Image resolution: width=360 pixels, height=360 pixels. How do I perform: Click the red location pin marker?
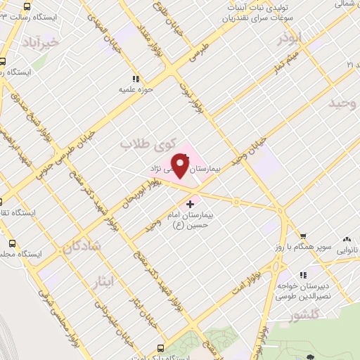pyautogui.click(x=181, y=166)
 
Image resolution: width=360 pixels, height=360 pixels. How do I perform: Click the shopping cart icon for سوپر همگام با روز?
pyautogui.click(x=302, y=236)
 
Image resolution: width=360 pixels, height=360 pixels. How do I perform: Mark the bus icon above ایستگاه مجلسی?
pyautogui.click(x=11, y=243)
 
